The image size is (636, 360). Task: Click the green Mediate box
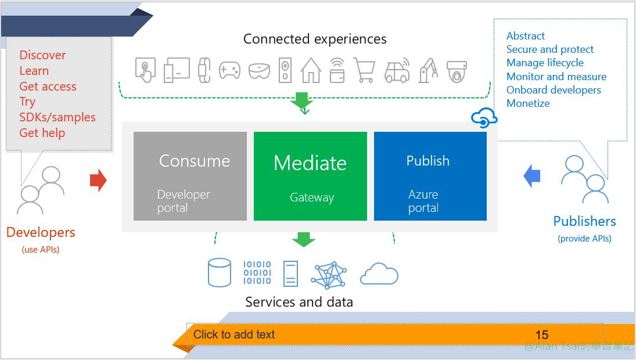(310, 176)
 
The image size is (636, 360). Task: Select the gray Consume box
(190, 176)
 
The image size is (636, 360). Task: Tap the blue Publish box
(430, 176)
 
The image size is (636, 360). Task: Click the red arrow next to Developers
(98, 180)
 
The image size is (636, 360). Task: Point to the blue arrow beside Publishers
(532, 176)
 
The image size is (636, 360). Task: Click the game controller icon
(229, 71)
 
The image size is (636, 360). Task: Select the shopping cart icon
(364, 70)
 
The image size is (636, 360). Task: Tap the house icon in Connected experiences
(311, 70)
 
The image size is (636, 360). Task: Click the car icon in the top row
(397, 70)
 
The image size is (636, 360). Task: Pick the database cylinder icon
(220, 273)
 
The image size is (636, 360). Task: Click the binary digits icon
(257, 273)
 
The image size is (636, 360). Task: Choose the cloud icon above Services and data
(379, 273)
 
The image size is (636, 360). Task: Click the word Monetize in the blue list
(528, 103)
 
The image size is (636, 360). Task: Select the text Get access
(48, 87)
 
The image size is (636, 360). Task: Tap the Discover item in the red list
(42, 55)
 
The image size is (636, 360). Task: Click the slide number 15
(541, 334)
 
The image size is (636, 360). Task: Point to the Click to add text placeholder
(234, 334)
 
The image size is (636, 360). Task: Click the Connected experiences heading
(315, 39)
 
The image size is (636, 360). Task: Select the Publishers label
(584, 221)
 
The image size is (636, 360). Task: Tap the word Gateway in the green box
(312, 197)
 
